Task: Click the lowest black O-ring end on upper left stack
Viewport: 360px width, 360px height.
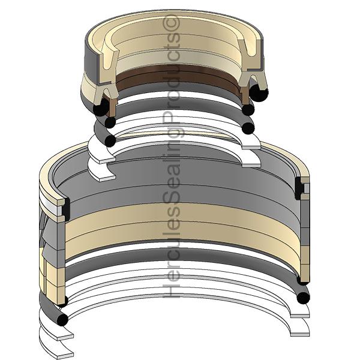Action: tap(110, 140)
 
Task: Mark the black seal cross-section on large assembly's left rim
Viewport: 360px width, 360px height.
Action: tap(65, 209)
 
